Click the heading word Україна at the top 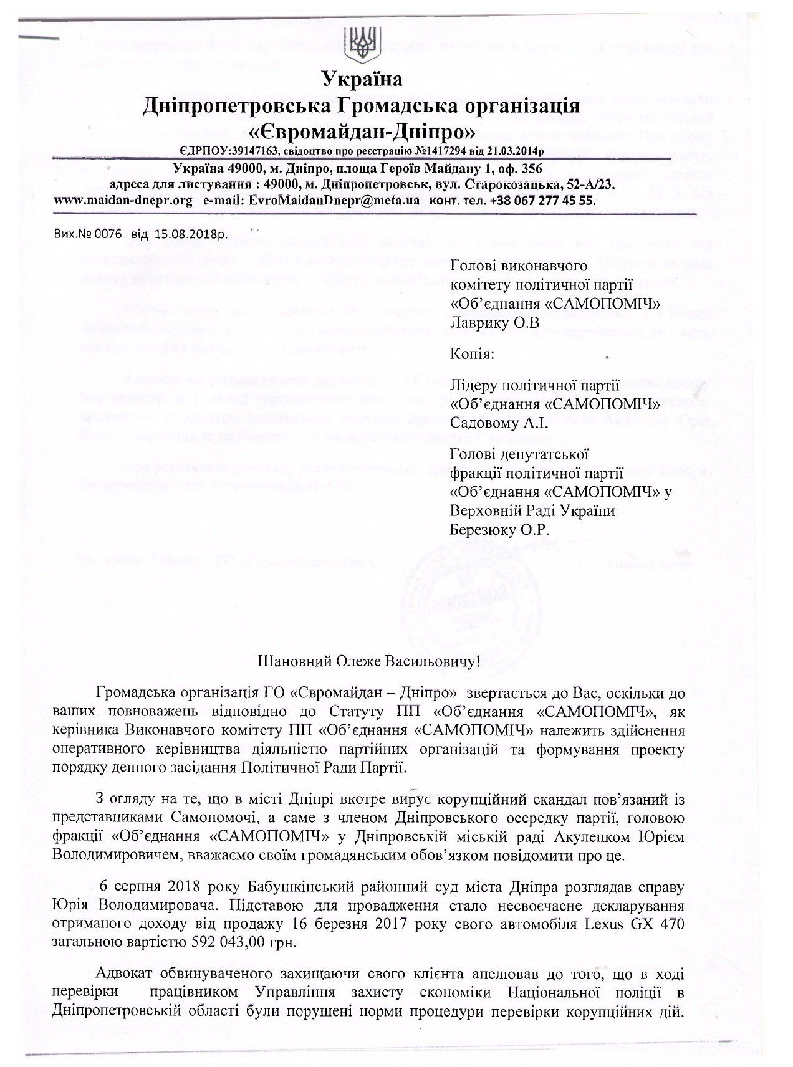(362, 79)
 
